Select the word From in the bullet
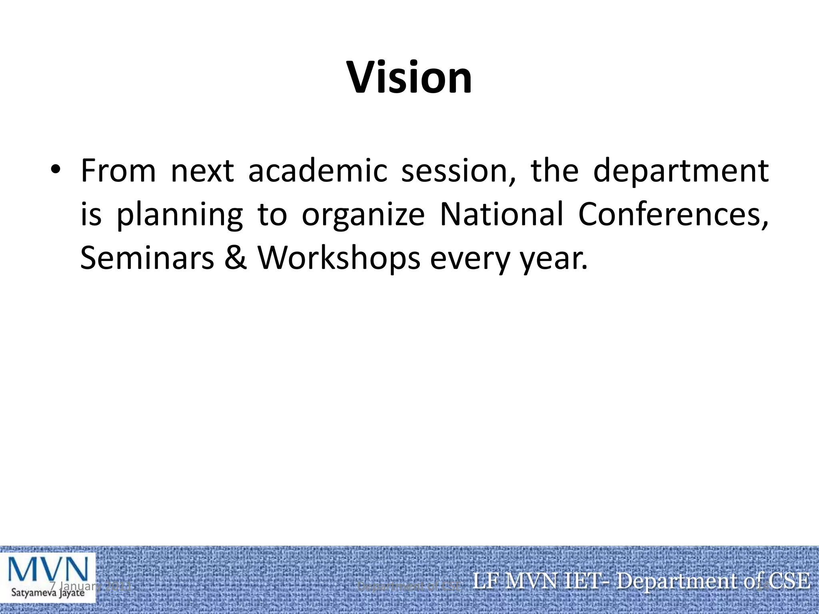[118, 171]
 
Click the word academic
[318, 171]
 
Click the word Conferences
[673, 215]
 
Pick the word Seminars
[147, 258]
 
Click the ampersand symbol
[236, 258]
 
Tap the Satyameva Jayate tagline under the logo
[48, 592]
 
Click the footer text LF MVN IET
[536, 581]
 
